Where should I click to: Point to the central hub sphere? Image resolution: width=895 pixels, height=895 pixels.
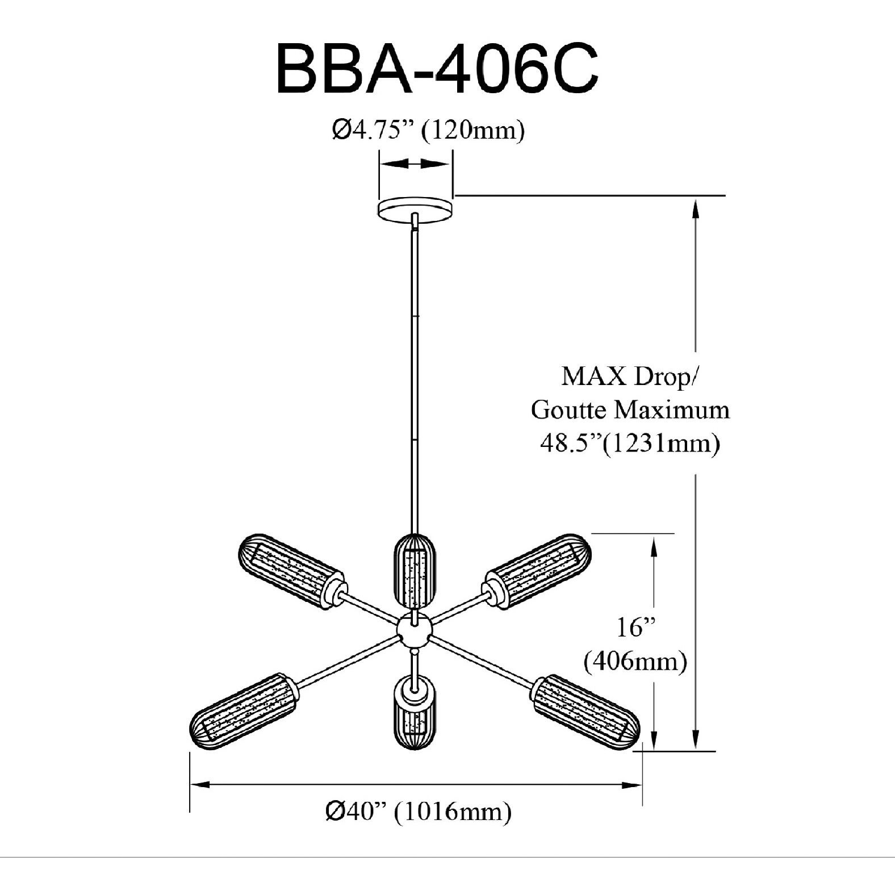point(415,630)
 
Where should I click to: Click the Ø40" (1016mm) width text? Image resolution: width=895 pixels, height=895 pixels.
point(419,812)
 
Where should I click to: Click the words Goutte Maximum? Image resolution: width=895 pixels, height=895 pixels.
point(630,410)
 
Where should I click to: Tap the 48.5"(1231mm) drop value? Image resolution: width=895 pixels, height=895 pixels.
point(630,443)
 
